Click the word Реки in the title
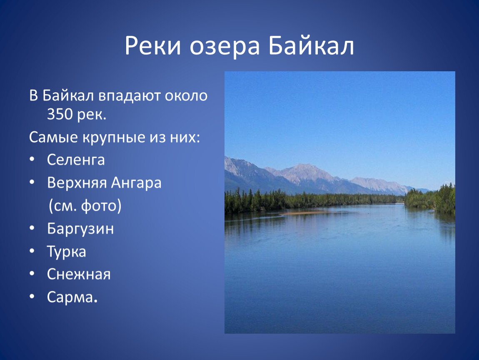[153, 46]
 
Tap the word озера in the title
[225, 47]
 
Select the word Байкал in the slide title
[311, 46]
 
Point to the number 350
[60, 114]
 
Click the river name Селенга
[76, 160]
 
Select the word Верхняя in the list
[77, 183]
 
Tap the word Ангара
[136, 183]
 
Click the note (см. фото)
[85, 206]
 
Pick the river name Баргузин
[80, 229]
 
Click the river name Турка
[66, 252]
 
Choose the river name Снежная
[78, 274]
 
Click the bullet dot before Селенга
[32, 160]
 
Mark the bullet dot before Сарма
[32, 297]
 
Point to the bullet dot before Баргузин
[32, 228]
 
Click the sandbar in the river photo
[305, 212]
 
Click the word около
[186, 96]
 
